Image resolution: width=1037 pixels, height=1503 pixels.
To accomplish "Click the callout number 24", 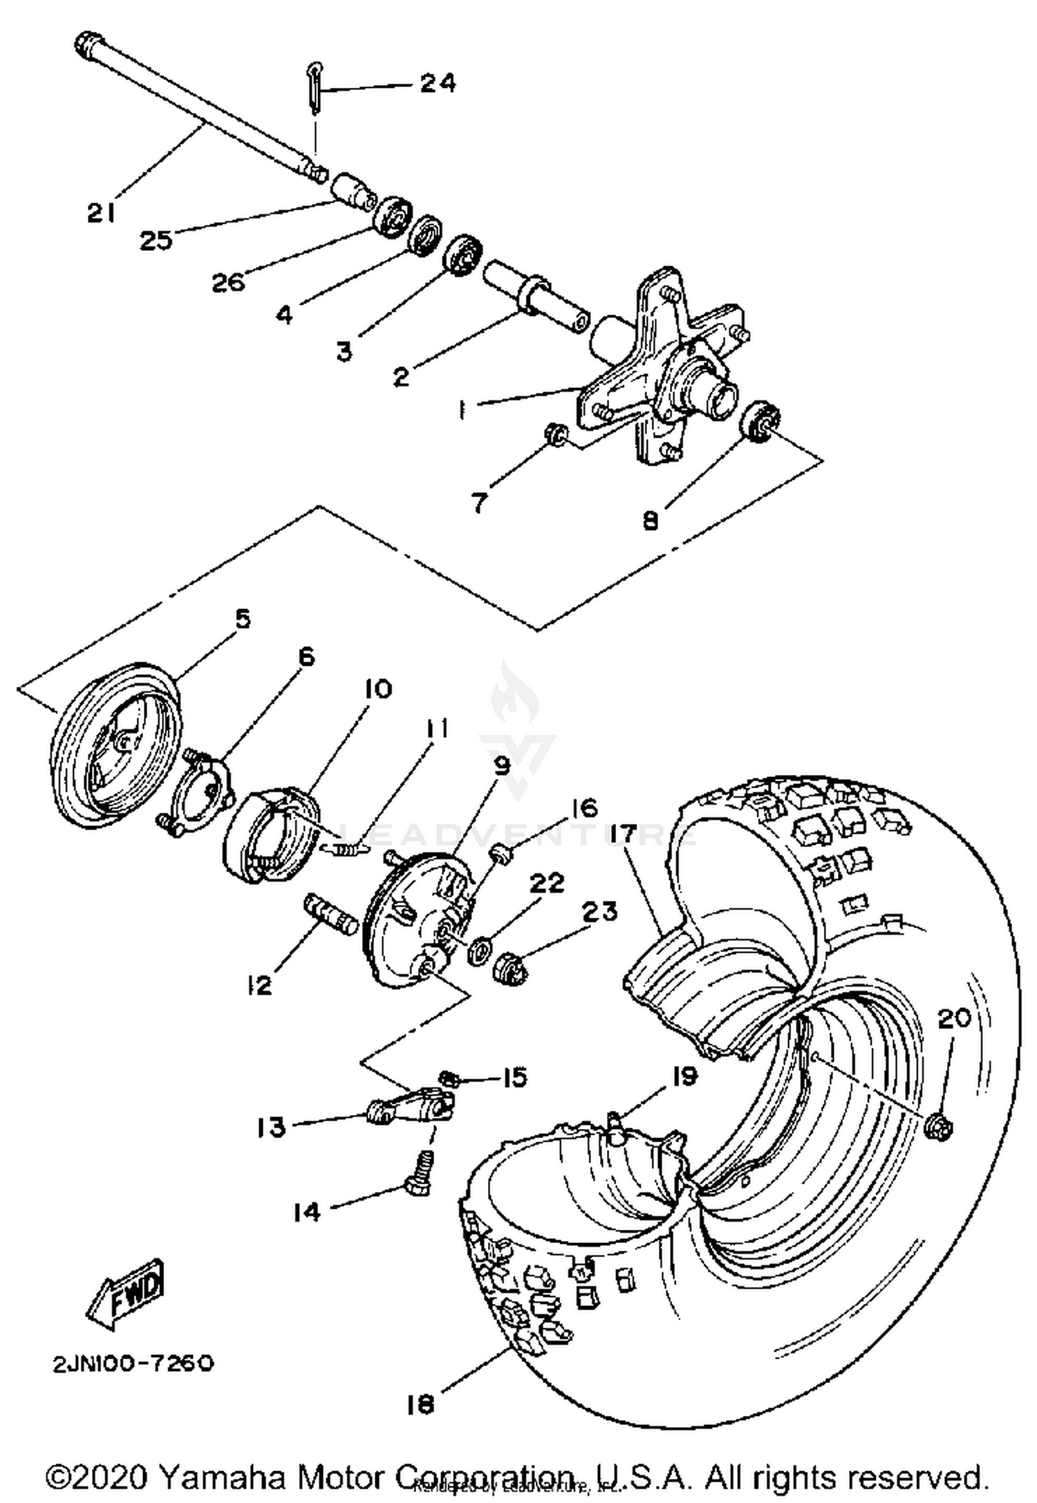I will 438,84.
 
